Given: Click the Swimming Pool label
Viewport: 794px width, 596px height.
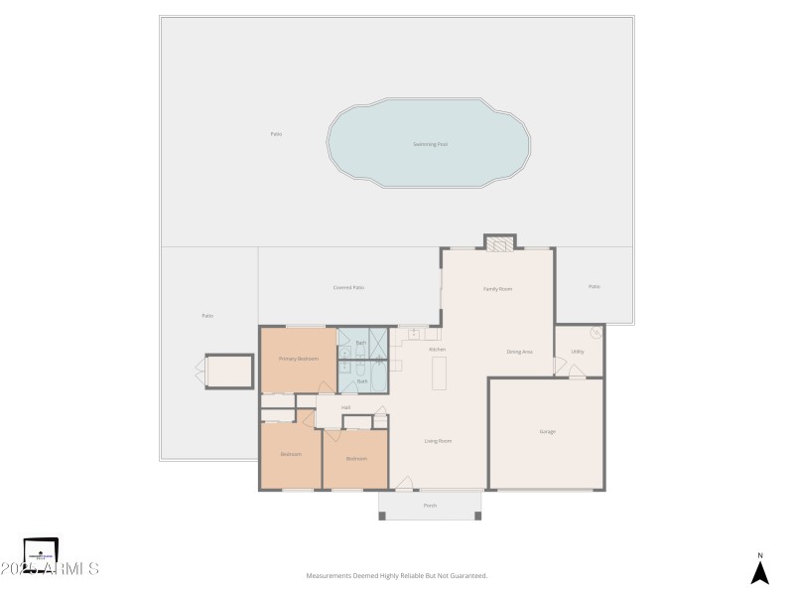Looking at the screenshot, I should (x=430, y=145).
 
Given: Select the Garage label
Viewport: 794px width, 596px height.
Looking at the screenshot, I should (x=547, y=432).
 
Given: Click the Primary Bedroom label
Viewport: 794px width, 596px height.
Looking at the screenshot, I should (x=298, y=359).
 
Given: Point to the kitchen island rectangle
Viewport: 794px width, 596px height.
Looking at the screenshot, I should (x=439, y=372).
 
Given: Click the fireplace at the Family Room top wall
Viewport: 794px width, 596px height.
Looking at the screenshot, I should (x=500, y=241).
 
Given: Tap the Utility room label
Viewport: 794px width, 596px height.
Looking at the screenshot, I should (x=578, y=352).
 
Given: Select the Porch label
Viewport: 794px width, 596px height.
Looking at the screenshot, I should (x=430, y=506).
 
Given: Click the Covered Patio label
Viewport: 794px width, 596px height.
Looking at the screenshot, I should (x=347, y=288).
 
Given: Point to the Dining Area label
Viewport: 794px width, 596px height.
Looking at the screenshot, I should (x=520, y=352).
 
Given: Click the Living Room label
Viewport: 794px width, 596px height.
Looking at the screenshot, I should (x=438, y=441).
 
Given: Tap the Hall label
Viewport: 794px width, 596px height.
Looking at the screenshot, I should (x=345, y=407).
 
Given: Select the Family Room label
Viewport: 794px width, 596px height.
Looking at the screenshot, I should (x=497, y=289).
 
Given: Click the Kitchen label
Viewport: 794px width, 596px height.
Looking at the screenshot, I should (x=437, y=350).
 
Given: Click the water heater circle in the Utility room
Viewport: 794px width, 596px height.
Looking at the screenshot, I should (x=595, y=333).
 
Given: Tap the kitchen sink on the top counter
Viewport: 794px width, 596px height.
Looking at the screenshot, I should (x=414, y=334).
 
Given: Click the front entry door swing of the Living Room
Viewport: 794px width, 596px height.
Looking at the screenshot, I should (x=404, y=483).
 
